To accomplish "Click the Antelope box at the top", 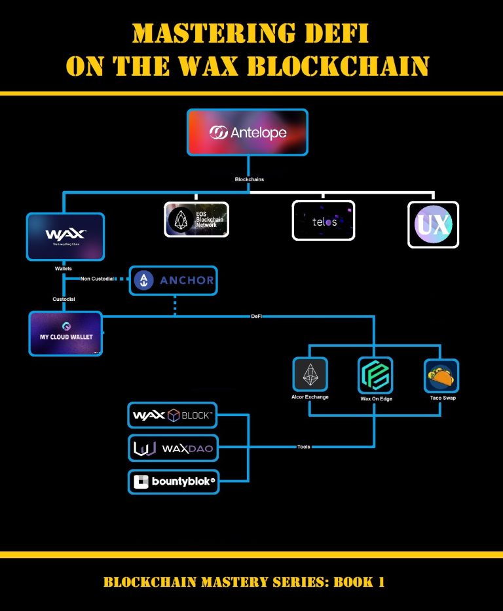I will [248, 133].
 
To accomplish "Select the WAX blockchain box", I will [65, 237].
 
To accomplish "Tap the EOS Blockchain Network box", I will [196, 219].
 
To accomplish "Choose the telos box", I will [323, 220].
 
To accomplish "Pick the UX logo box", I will [433, 224].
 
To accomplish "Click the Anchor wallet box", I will [173, 281].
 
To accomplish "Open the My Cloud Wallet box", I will [65, 333].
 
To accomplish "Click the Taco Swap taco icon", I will [441, 375].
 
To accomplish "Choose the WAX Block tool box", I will [173, 415].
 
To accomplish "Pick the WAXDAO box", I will [173, 449].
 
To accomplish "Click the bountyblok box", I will [173, 482].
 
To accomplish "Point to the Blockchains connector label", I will [250, 179].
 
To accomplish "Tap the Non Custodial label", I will [97, 279].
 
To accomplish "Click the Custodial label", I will [64, 299].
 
